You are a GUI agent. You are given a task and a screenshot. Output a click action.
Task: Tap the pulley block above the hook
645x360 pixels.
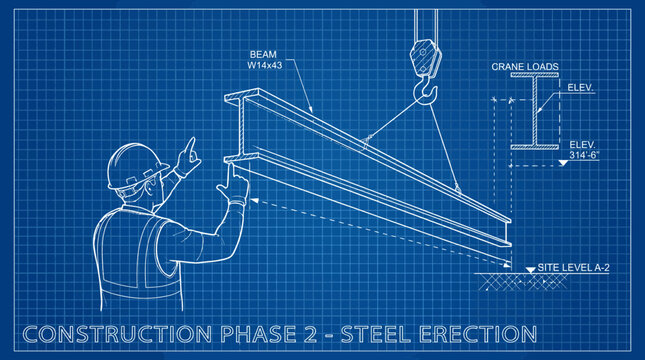click(x=425, y=57)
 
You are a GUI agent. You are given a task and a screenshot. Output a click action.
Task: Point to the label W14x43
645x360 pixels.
click(x=264, y=65)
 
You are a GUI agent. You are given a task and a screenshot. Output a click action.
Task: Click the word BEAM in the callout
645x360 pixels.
click(x=263, y=54)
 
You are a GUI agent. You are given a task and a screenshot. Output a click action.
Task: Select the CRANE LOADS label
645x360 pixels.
click(x=525, y=67)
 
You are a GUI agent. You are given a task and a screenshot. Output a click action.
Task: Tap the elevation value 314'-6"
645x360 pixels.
click(x=584, y=155)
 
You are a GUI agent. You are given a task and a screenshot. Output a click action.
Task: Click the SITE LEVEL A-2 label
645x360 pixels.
click(x=573, y=267)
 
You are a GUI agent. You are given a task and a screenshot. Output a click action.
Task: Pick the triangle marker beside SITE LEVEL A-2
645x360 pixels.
click(x=531, y=270)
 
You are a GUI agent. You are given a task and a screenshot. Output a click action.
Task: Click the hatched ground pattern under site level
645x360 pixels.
click(x=522, y=282)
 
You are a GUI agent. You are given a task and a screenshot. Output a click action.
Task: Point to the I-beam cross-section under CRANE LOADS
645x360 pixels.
click(x=535, y=111)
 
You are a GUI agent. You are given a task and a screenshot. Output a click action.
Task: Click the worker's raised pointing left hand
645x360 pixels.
click(x=188, y=158)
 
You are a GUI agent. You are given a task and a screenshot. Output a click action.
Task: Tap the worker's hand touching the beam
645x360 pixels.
click(x=234, y=184)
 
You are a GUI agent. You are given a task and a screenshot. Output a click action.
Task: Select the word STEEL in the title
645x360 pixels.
click(x=376, y=334)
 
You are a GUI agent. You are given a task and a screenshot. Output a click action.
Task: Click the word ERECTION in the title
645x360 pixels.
click(x=478, y=334)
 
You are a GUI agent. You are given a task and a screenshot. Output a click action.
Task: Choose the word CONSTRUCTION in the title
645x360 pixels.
click(x=117, y=334)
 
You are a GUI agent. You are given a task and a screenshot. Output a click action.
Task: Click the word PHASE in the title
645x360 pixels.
click(x=258, y=334)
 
